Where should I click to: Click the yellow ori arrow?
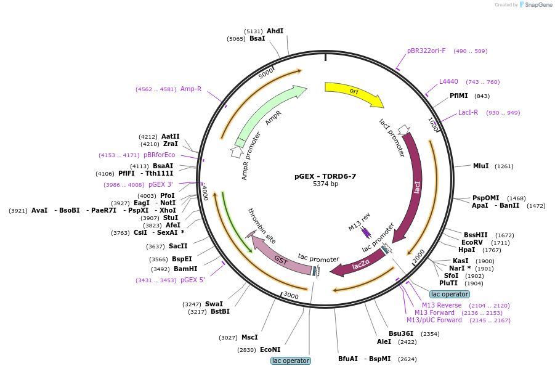[354, 92]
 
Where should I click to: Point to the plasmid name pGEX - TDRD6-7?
[325, 176]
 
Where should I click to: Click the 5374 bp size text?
[325, 184]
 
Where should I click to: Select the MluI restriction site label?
[480, 166]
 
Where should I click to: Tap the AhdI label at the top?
[275, 31]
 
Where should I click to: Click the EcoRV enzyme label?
[472, 242]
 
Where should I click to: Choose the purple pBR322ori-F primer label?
[426, 51]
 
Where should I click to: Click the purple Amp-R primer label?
[191, 89]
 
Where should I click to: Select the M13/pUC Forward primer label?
[434, 320]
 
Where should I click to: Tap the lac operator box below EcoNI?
[291, 361]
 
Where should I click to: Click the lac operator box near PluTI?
[450, 294]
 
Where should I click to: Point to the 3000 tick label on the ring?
[291, 295]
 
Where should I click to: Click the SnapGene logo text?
[538, 4]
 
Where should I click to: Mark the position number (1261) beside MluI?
[504, 166]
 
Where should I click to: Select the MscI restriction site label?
[249, 337]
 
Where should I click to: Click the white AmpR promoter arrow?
[237, 152]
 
